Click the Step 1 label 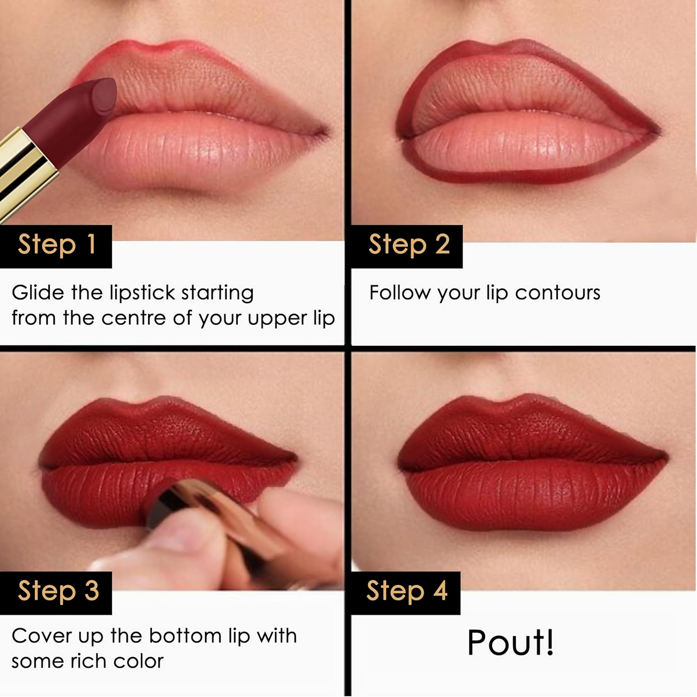(56, 245)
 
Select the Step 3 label (58, 591)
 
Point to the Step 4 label (407, 591)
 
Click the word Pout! (510, 643)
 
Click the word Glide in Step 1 (38, 293)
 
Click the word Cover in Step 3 (41, 636)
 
